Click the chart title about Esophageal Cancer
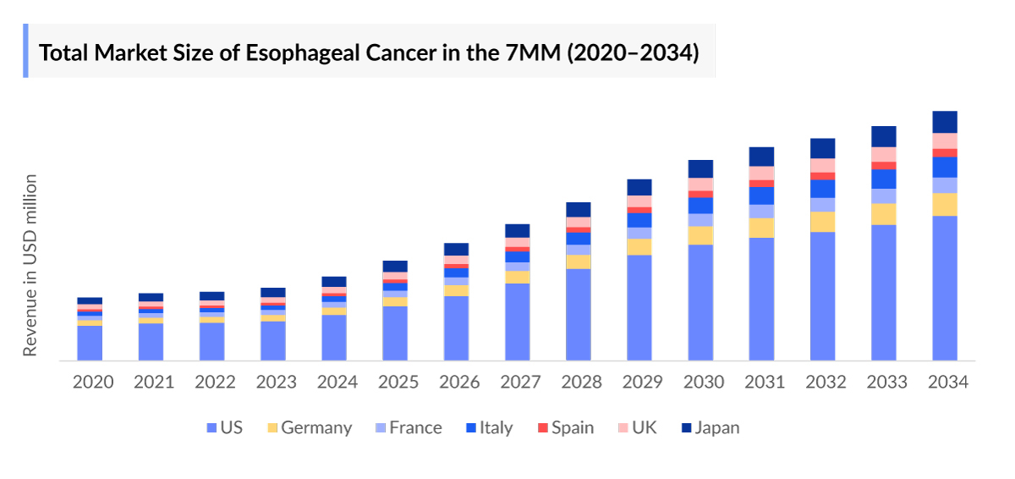(369, 52)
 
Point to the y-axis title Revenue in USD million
(30, 265)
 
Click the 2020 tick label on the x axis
(92, 382)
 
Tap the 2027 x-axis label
(519, 382)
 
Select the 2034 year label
(946, 382)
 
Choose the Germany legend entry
(308, 427)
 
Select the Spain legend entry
(564, 427)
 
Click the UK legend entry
(636, 427)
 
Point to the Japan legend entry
(710, 427)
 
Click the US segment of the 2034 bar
(945, 288)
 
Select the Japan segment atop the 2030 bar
(700, 168)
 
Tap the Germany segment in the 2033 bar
(884, 214)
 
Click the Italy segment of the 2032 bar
(823, 188)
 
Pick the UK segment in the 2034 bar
(945, 140)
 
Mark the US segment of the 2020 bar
(90, 343)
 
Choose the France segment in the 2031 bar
(761, 212)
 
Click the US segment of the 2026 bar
(456, 328)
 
